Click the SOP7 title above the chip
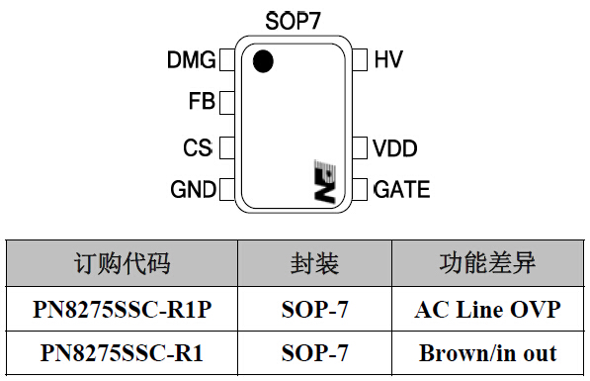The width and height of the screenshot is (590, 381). click(294, 20)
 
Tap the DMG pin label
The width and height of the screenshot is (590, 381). click(191, 60)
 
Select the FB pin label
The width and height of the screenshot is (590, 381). click(202, 101)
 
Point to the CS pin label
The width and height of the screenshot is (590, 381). click(198, 148)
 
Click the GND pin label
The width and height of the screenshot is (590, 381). click(193, 188)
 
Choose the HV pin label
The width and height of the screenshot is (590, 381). click(388, 60)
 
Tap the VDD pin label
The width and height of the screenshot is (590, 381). click(394, 148)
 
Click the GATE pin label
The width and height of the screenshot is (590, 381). click(401, 188)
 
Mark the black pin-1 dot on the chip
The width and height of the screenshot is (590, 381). click(262, 61)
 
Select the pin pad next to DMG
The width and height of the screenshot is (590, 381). click(226, 60)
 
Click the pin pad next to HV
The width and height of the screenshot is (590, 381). click(361, 60)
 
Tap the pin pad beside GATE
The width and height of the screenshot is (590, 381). click(361, 188)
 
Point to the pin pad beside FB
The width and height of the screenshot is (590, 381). click(226, 101)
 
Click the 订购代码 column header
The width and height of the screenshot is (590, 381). click(123, 263)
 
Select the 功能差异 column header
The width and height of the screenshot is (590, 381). click(487, 263)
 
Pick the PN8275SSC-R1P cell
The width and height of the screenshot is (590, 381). click(123, 310)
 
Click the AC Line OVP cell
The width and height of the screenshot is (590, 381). click(487, 310)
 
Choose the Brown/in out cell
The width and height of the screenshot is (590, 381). click(487, 352)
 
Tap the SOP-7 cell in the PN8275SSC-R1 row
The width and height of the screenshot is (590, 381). click(314, 352)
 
